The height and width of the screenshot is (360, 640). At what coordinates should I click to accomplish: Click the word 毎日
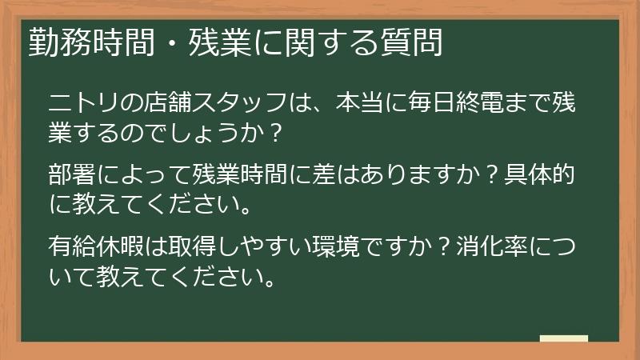click(438, 103)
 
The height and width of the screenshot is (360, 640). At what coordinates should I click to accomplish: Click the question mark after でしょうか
click(274, 131)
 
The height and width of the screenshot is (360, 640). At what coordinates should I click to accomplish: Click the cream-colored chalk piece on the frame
click(564, 338)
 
